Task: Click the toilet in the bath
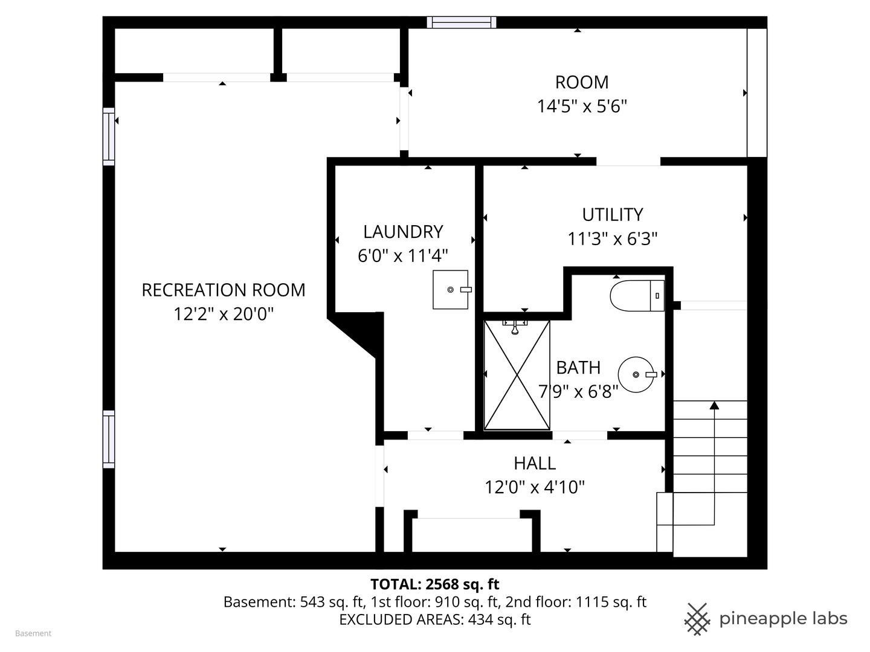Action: click(x=637, y=296)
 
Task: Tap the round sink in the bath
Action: click(x=636, y=374)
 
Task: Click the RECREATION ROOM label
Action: click(x=224, y=290)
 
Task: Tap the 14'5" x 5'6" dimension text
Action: click(x=582, y=106)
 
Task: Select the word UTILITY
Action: click(x=613, y=215)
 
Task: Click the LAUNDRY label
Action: click(x=403, y=232)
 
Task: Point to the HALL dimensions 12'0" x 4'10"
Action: click(x=535, y=487)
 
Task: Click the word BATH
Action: click(x=578, y=368)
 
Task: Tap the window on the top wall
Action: click(x=462, y=22)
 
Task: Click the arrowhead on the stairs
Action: click(x=714, y=405)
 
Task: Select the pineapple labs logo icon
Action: click(x=697, y=619)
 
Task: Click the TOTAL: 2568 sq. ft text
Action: click(x=435, y=584)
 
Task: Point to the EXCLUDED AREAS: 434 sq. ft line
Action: click(x=435, y=619)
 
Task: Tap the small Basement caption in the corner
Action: click(x=33, y=633)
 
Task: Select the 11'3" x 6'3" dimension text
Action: click(x=613, y=239)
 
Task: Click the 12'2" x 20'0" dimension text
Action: click(x=224, y=315)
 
